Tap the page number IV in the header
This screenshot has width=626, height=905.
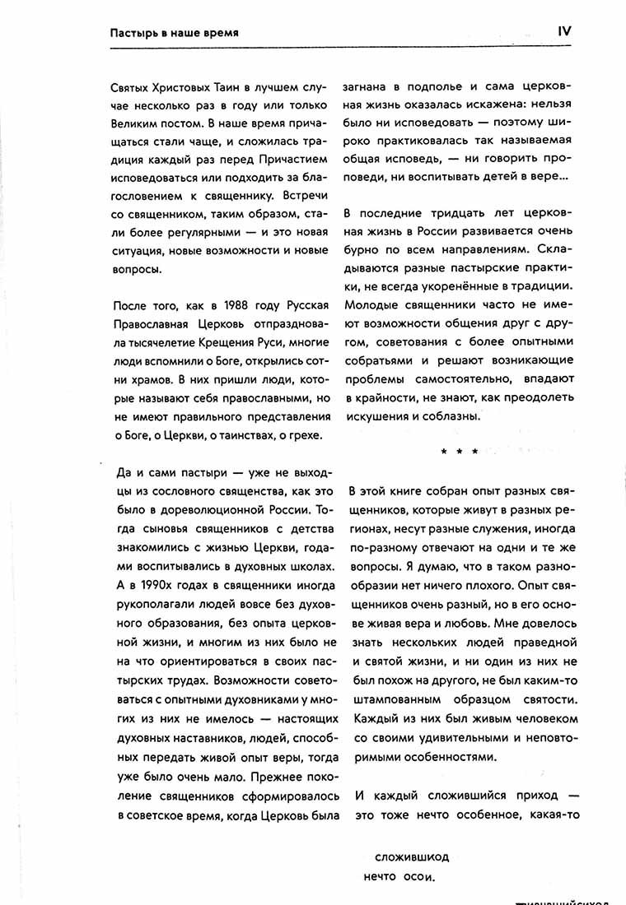564,31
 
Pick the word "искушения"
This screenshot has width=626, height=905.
378,416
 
